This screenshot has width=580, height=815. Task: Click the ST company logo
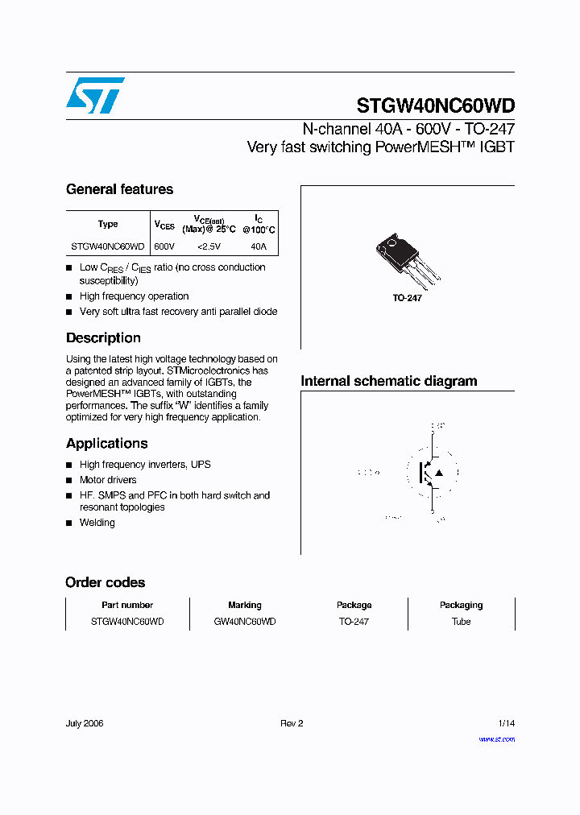click(x=95, y=95)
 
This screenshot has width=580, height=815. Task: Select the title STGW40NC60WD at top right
click(x=435, y=106)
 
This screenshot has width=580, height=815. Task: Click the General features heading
click(x=119, y=189)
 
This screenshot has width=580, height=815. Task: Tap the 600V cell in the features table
click(x=164, y=246)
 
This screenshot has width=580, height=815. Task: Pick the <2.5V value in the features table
click(x=209, y=246)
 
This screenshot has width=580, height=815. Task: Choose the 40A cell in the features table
click(x=258, y=246)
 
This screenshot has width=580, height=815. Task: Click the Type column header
click(x=108, y=225)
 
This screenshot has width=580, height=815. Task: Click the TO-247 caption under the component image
click(x=408, y=298)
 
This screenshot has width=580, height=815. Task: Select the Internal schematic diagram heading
click(x=389, y=381)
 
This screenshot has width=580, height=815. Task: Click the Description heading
click(x=103, y=338)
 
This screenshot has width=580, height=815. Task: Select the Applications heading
click(x=106, y=444)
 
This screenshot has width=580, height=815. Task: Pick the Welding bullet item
click(x=97, y=523)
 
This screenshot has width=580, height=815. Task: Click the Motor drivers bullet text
click(x=108, y=480)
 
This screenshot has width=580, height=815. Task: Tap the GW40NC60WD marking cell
click(x=245, y=622)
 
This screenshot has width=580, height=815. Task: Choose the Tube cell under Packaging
click(x=461, y=622)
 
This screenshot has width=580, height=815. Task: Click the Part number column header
click(x=127, y=605)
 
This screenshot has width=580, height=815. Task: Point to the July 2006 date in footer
click(x=85, y=723)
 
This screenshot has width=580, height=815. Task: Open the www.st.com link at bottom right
click(x=496, y=738)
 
